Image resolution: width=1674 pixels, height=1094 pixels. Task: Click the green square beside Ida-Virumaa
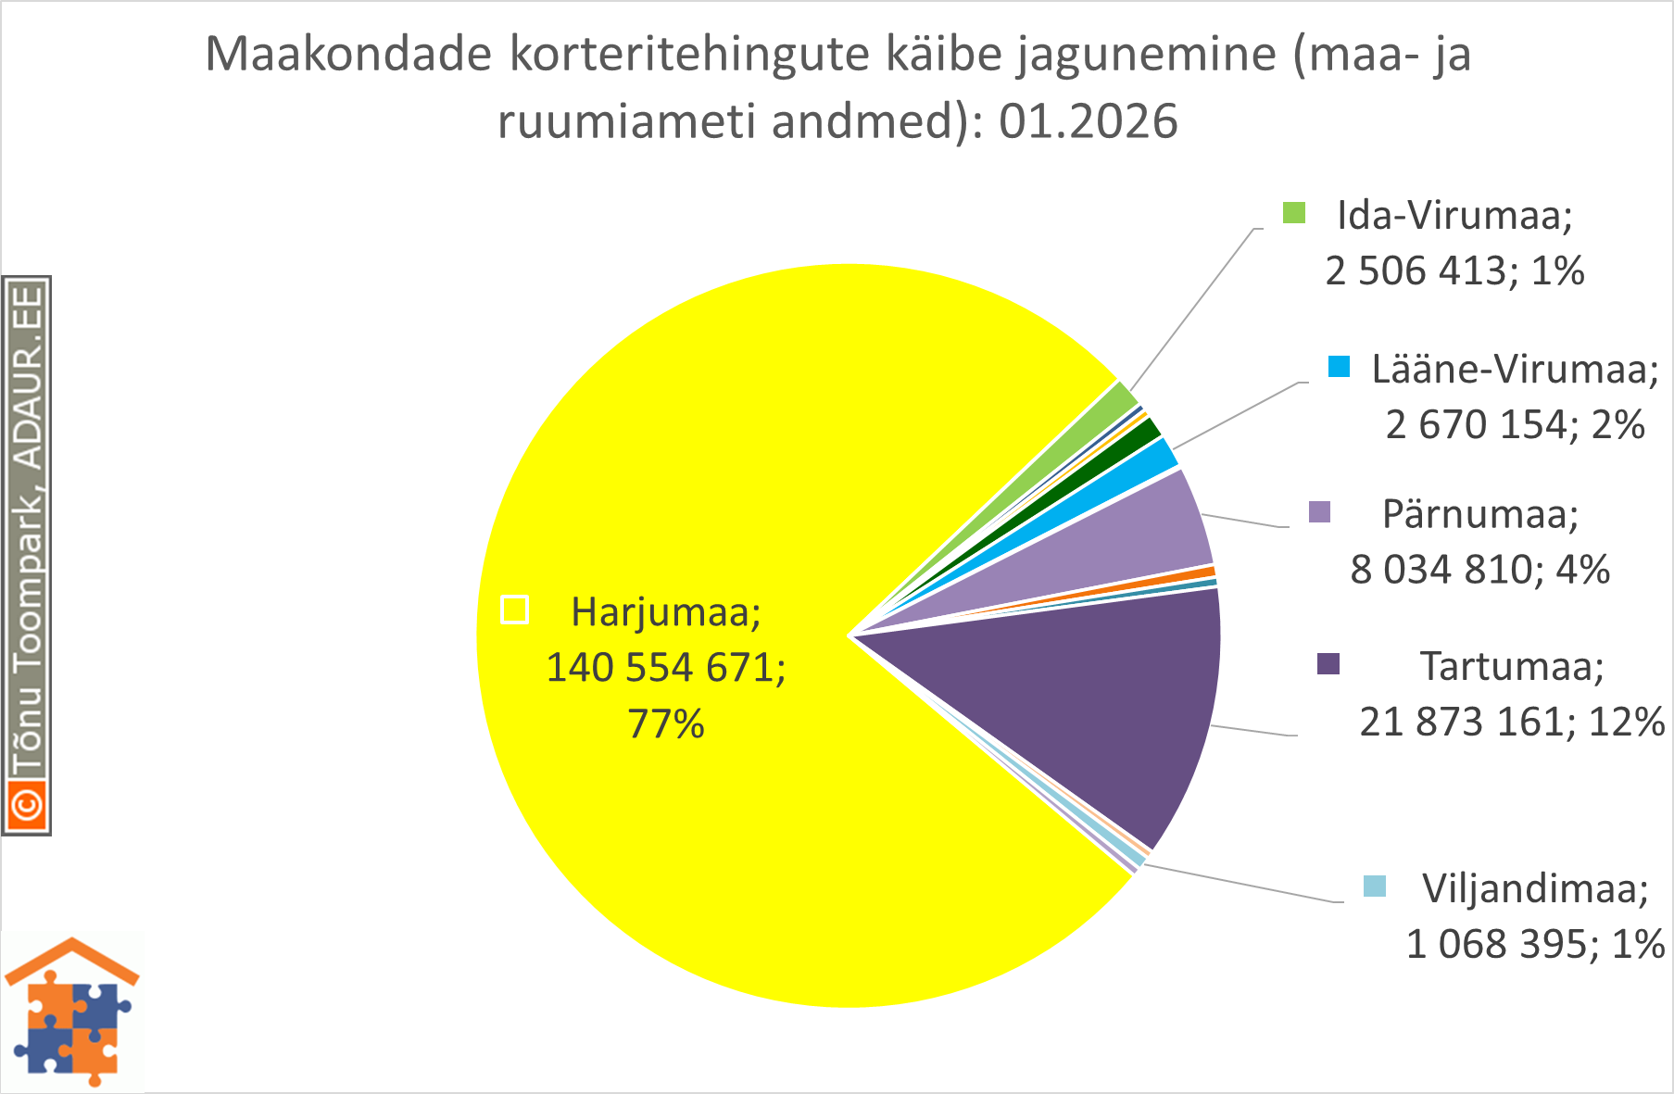click(x=1294, y=213)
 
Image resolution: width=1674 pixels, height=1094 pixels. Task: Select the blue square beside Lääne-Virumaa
click(x=1339, y=367)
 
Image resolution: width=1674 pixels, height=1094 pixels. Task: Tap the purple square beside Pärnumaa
click(x=1319, y=512)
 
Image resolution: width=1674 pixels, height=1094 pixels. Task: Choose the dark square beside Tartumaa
click(x=1328, y=664)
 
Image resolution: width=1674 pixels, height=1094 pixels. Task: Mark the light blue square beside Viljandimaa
click(x=1375, y=887)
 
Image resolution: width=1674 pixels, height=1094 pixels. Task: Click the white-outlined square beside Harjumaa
click(x=515, y=610)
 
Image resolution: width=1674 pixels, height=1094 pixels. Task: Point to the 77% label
click(x=666, y=723)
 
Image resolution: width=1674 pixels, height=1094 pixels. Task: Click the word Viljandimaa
click(x=1534, y=888)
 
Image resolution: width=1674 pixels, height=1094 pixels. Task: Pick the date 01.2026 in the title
click(x=1088, y=121)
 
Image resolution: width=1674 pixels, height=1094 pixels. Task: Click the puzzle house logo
click(x=72, y=1012)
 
